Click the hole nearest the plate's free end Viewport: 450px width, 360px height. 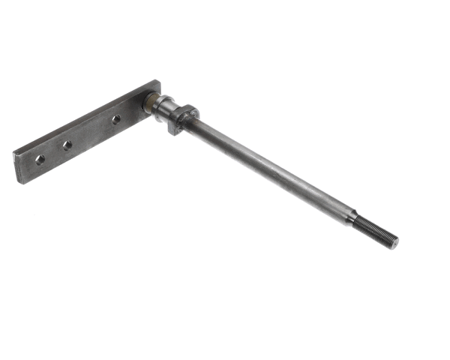(x=40, y=158)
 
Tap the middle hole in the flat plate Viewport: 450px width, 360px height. (x=67, y=145)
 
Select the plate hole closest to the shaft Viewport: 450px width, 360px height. (x=116, y=119)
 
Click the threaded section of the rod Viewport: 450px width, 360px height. (x=376, y=230)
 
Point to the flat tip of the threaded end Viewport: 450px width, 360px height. (x=394, y=242)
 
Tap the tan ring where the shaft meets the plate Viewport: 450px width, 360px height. (x=149, y=102)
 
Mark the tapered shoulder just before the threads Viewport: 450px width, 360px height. (x=353, y=218)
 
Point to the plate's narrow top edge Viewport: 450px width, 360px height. (x=82, y=117)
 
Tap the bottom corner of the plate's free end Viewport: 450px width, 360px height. (x=19, y=182)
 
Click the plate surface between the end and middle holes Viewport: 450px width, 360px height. (x=53, y=153)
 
